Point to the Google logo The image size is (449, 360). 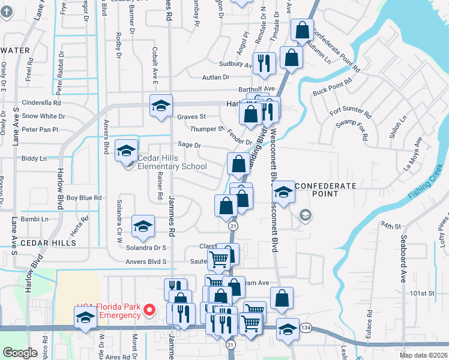click(x=20, y=353)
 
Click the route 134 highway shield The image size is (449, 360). click(x=306, y=327)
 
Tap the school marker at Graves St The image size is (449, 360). click(x=161, y=106)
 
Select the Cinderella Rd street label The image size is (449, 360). click(x=41, y=103)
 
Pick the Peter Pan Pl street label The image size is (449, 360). click(x=40, y=129)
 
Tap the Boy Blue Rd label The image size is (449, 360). click(x=84, y=197)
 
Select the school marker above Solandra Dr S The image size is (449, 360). click(x=143, y=226)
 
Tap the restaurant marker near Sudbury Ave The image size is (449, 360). click(x=264, y=62)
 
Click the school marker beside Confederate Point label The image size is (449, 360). click(x=284, y=192)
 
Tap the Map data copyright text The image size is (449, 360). click(x=424, y=355)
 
